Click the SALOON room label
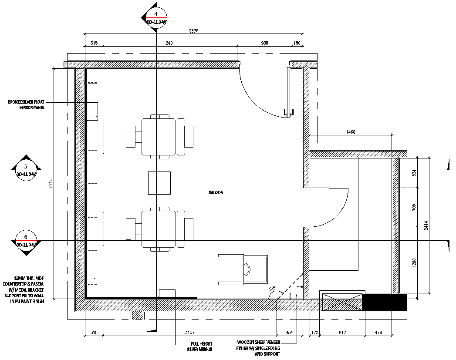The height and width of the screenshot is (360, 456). click(216, 192)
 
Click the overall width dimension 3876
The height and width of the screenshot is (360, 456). click(194, 30)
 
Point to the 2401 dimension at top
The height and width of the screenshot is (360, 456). click(170, 43)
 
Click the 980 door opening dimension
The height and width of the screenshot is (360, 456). click(264, 43)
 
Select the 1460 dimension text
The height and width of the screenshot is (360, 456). click(351, 131)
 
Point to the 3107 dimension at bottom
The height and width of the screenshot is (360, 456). click(189, 333)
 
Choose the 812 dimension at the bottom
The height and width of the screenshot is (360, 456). click(342, 333)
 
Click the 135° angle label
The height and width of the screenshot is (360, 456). click(272, 288)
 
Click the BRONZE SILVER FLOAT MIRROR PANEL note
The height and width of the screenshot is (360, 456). click(26, 104)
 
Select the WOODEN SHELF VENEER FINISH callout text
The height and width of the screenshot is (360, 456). click(259, 348)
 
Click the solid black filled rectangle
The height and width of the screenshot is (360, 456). click(385, 302)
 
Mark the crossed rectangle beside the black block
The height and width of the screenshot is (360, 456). click(342, 302)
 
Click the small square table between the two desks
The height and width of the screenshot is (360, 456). click(159, 183)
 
